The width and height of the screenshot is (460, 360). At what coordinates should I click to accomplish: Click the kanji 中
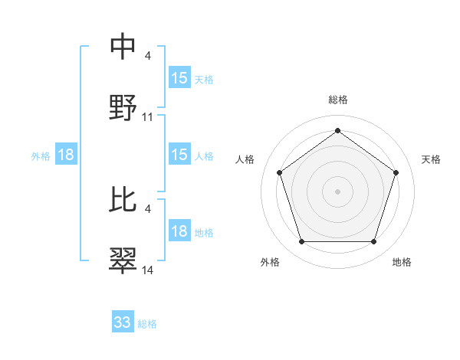click(x=123, y=47)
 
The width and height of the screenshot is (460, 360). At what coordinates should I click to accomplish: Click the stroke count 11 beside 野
click(x=148, y=117)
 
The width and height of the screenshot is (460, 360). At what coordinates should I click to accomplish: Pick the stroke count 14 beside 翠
click(x=148, y=270)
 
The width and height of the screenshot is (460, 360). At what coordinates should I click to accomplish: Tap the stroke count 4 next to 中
click(x=147, y=57)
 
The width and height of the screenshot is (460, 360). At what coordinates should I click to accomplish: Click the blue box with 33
click(x=123, y=322)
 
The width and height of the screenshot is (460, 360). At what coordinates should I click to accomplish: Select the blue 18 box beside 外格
click(x=66, y=155)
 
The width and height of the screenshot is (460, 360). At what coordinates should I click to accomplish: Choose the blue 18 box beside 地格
click(x=179, y=232)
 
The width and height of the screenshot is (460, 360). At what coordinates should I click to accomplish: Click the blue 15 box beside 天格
click(x=179, y=78)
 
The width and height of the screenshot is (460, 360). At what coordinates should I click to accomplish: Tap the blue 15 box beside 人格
click(x=179, y=155)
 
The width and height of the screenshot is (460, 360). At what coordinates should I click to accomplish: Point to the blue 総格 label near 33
click(x=147, y=324)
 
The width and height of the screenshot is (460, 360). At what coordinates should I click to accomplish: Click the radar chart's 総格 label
click(x=338, y=100)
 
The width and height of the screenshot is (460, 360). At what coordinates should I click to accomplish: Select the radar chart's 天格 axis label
click(x=431, y=159)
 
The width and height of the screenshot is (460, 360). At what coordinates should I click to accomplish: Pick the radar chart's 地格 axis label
click(x=402, y=262)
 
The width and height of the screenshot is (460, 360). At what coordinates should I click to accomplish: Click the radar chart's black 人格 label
click(x=245, y=159)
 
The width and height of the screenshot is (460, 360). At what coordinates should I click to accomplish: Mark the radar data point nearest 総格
click(x=338, y=131)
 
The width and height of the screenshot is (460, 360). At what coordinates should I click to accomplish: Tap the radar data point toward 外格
click(x=301, y=242)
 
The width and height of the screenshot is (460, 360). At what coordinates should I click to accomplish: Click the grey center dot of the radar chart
click(x=338, y=191)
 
